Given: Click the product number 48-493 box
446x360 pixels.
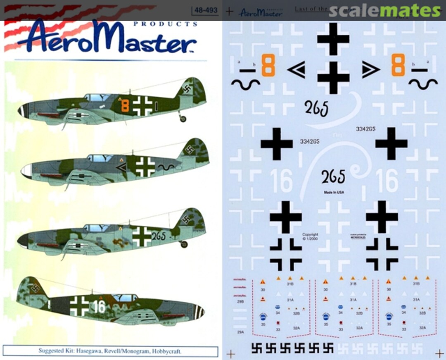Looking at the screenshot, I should click(205, 10).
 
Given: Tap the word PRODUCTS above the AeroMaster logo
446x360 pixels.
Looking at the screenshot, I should click(165, 24).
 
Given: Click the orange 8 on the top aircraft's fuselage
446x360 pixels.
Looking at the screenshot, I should click(125, 105).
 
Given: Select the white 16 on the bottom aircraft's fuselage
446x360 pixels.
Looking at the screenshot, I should click(100, 306).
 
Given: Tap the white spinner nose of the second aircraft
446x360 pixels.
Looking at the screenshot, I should click(26, 171).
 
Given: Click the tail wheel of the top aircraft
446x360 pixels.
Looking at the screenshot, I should click(183, 119).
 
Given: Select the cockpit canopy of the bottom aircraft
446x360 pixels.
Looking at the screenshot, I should click(125, 298).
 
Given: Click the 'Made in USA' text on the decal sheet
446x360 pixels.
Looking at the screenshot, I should click(334, 193).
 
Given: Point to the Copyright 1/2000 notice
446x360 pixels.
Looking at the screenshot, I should click(310, 236).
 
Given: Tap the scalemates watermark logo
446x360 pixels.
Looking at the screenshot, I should click(384, 11).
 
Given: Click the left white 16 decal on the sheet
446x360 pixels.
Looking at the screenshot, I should click(281, 180).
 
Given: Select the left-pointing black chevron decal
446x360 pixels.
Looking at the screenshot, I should click(297, 70).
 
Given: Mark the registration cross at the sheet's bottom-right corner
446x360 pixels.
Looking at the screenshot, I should click(439, 353).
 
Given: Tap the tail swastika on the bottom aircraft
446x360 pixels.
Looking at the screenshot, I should click(35, 288).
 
